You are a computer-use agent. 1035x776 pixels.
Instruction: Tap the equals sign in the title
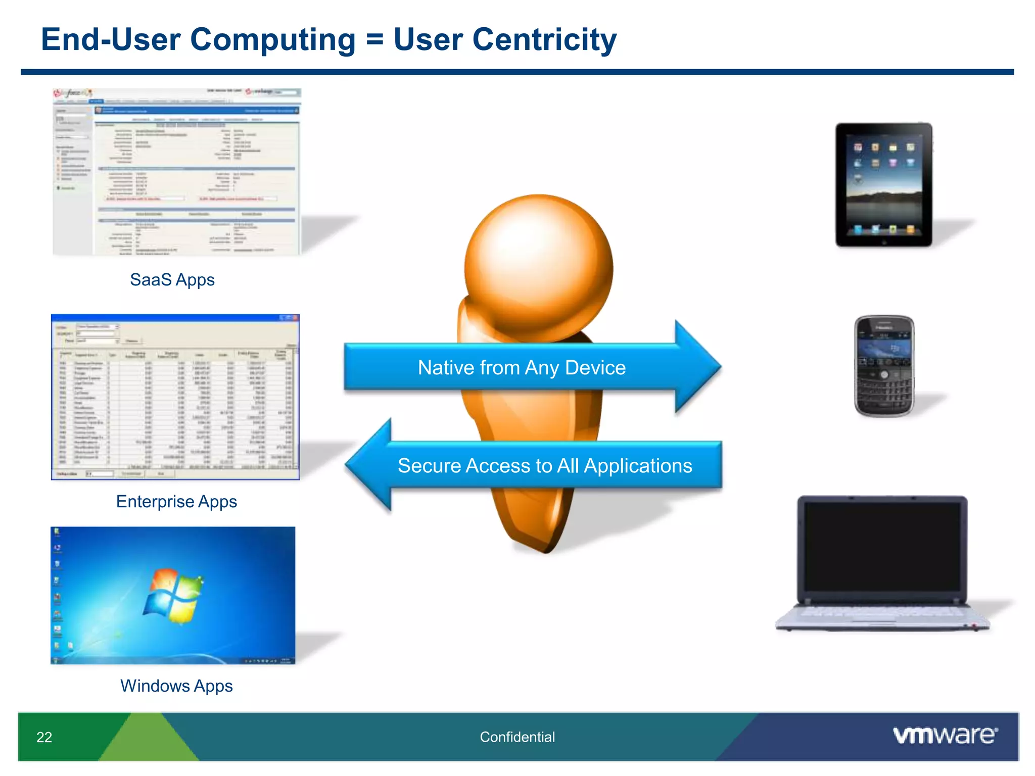coord(374,39)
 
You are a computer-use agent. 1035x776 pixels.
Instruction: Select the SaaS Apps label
coord(172,279)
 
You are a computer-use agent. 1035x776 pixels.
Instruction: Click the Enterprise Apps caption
coord(176,501)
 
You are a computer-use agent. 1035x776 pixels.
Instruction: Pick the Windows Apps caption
coord(176,686)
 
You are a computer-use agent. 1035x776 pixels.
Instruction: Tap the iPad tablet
coord(883,185)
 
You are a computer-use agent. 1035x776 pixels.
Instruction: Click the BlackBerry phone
coord(884,366)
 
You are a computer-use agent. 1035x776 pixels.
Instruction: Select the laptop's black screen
coord(882,547)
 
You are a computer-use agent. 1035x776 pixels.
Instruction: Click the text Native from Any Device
coord(522,367)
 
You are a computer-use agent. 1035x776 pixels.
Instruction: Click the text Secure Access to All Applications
coord(544,465)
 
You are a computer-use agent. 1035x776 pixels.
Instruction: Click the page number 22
coord(44,737)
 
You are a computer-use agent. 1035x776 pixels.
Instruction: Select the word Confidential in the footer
coord(517,737)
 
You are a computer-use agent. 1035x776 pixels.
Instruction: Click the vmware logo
coord(945,735)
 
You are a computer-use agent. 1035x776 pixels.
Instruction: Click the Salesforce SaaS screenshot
coord(176,172)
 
